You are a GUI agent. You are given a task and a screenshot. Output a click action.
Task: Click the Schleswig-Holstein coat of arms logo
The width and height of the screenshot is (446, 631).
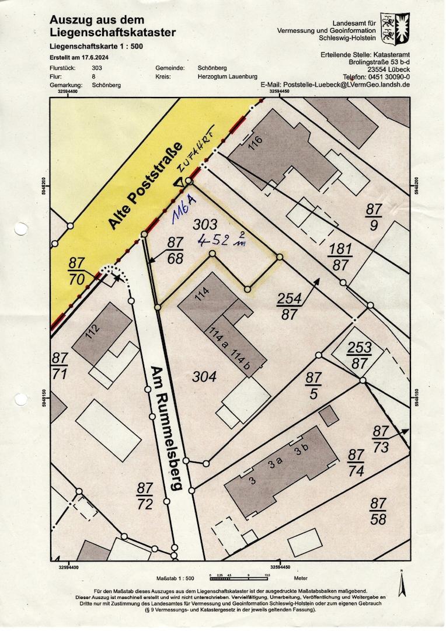coord(395,29)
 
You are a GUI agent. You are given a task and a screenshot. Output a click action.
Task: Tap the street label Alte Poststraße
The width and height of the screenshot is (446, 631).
coord(145,185)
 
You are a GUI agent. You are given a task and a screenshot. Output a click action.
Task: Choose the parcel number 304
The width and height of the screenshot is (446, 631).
coord(204,377)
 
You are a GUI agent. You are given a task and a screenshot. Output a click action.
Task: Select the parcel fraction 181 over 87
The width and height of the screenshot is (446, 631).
coord(341,256)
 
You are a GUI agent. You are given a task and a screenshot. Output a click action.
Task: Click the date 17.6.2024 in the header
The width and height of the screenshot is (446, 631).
coord(96,58)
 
